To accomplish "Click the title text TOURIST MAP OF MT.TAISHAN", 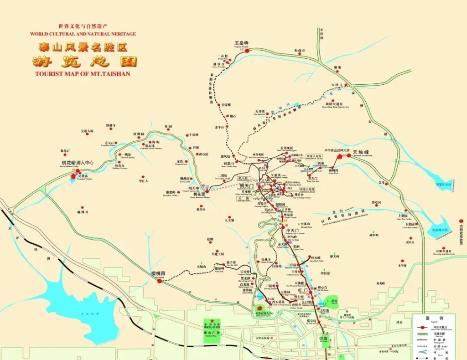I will coord(83,74).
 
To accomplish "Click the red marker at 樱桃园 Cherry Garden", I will coord(160,281).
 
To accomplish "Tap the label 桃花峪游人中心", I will coord(78,163).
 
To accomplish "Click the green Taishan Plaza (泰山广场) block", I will coord(211,327).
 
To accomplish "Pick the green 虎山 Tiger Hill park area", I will coord(334,302).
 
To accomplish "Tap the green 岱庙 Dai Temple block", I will coord(323,340).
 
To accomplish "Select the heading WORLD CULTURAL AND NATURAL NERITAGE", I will coord(83,34).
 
